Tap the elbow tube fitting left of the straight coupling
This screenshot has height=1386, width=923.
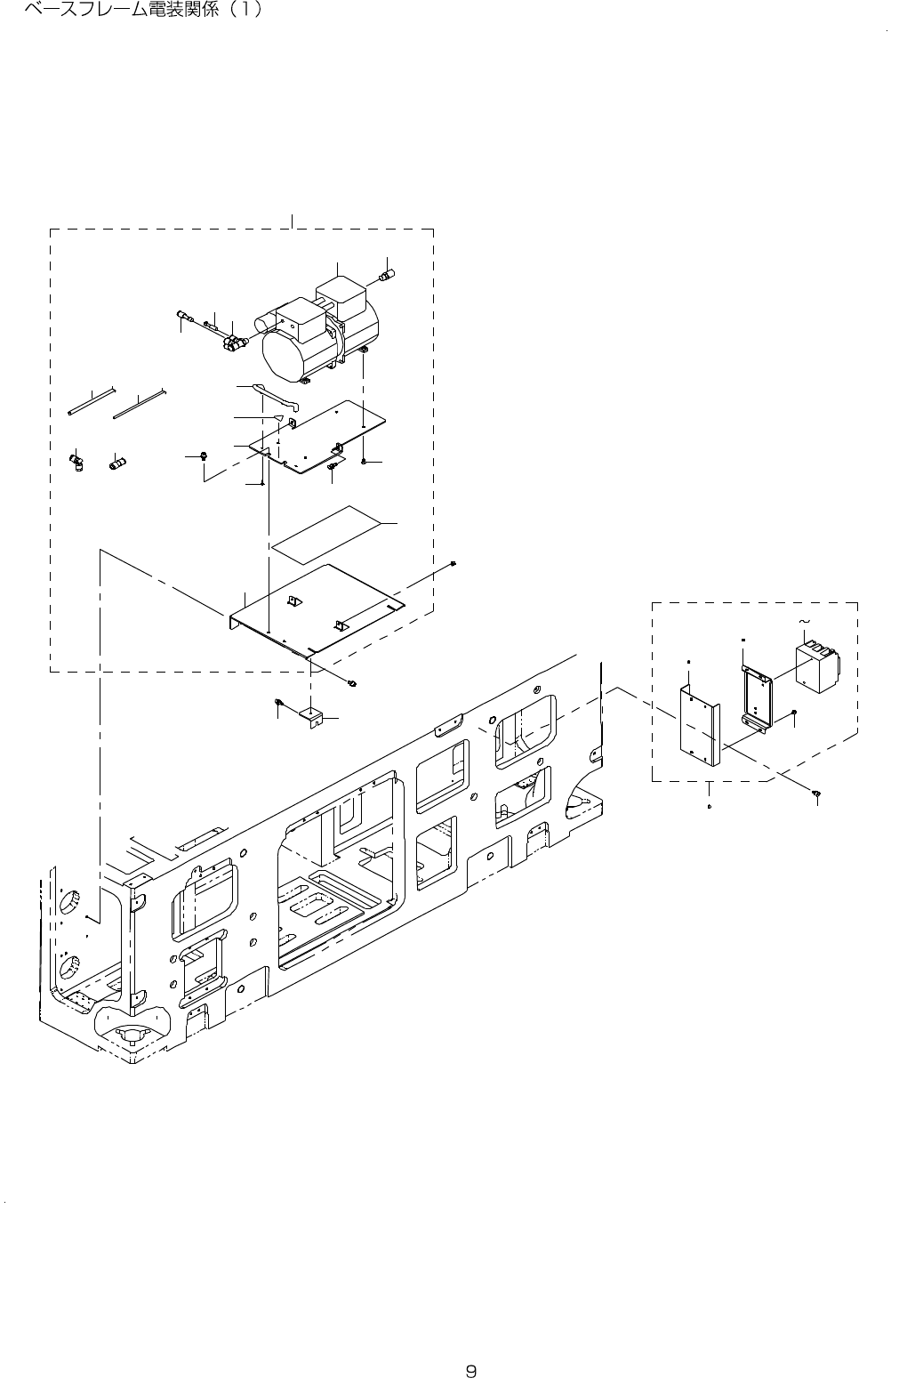76,461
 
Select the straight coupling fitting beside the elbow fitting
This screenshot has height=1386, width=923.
116,463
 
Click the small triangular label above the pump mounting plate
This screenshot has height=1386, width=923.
278,415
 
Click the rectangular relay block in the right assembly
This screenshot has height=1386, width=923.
817,666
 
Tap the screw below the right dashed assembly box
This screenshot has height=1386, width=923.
815,791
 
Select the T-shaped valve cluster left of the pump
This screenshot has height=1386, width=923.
235,342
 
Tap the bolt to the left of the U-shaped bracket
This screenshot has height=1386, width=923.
279,705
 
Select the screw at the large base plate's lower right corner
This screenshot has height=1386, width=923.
353,683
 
